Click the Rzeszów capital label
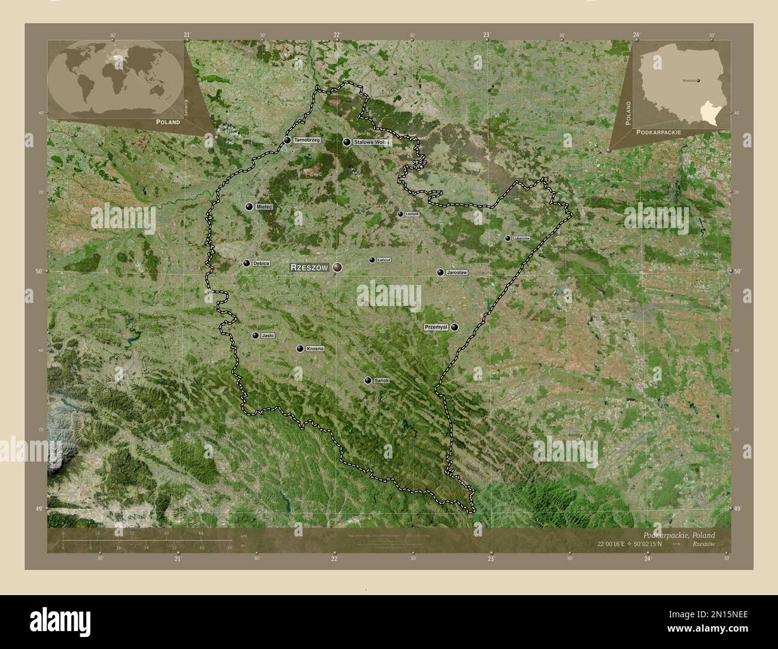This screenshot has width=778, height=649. (x=309, y=268)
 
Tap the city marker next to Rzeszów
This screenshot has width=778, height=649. (x=338, y=267)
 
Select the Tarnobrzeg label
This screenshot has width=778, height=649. (x=307, y=140)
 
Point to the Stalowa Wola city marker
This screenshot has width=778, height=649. (x=347, y=142)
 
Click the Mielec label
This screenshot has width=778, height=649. (x=264, y=207)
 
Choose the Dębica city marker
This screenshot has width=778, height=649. (x=247, y=263)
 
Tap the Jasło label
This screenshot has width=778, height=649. (x=268, y=336)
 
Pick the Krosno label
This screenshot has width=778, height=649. (x=315, y=348)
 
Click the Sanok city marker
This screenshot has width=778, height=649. (x=368, y=380)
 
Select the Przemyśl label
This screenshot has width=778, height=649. (x=436, y=327)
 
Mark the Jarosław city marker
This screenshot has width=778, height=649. (x=440, y=273)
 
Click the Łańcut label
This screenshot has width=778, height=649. (x=384, y=260)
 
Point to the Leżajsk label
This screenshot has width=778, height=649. (x=412, y=214)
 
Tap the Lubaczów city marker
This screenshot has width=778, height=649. (x=507, y=238)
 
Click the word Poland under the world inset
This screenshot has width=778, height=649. (x=168, y=122)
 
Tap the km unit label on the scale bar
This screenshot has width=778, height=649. (x=244, y=535)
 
